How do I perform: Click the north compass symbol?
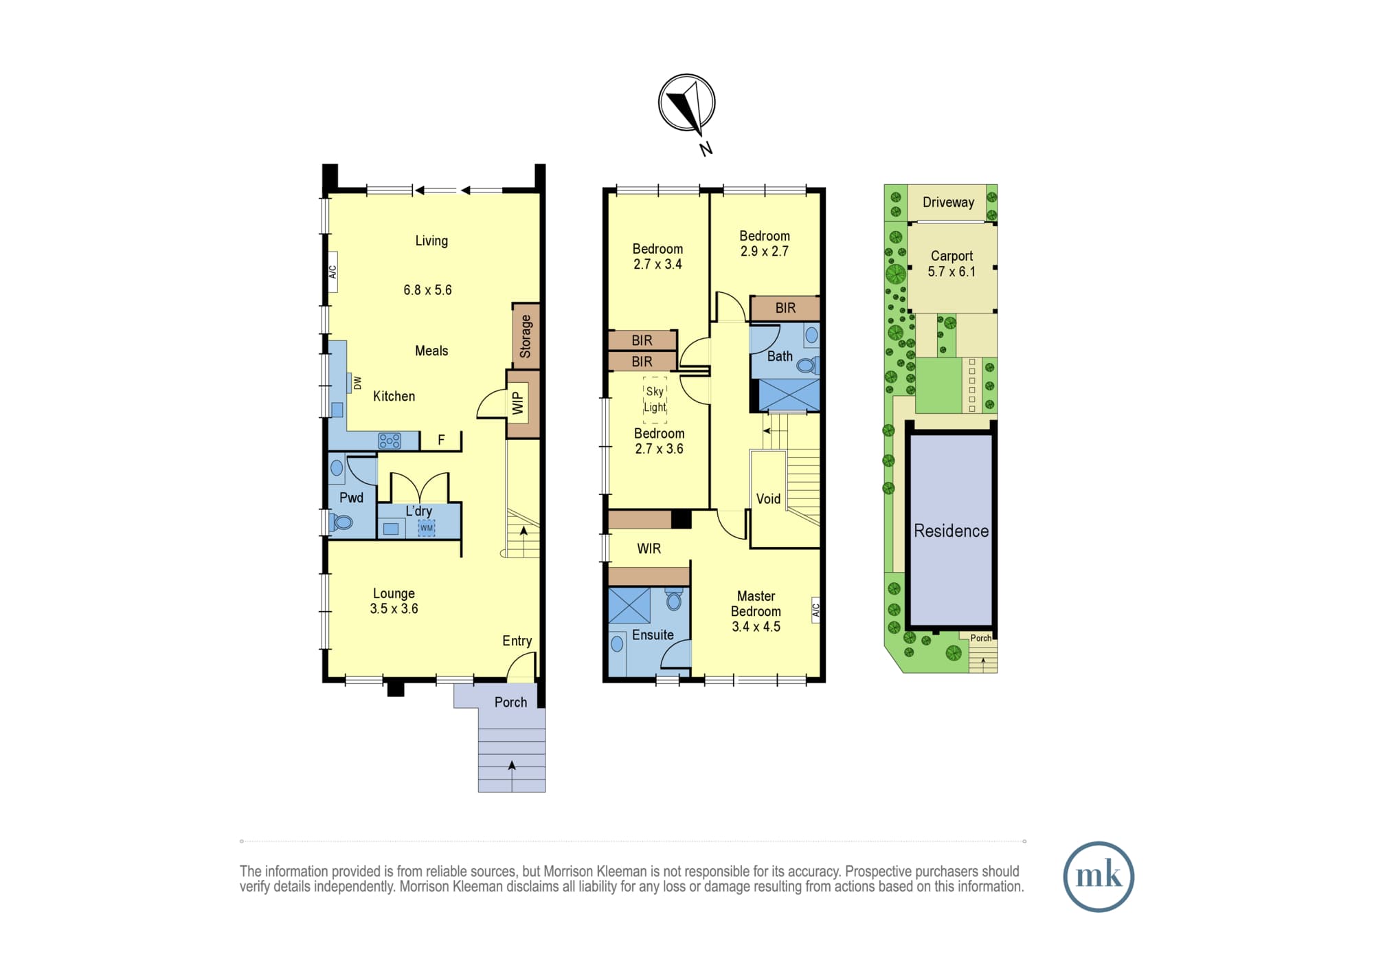(687, 103)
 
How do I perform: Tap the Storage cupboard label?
(526, 336)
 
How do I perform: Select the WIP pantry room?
(523, 404)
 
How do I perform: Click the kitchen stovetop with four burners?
(390, 441)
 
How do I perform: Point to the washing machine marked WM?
(427, 528)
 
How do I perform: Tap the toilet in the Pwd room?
(341, 522)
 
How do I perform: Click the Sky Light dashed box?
(655, 399)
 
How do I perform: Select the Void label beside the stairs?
(768, 499)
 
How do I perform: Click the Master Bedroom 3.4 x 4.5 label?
(756, 611)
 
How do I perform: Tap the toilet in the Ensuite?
(674, 600)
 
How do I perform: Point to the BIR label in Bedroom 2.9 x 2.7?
(785, 308)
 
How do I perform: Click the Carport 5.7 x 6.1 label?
(951, 263)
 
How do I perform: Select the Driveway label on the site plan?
(948, 202)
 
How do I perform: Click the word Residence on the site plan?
(951, 531)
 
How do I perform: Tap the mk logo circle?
(1099, 876)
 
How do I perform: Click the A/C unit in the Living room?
(333, 272)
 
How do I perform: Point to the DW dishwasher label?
(357, 383)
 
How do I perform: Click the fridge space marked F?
(441, 440)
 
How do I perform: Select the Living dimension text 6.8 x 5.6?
(427, 290)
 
